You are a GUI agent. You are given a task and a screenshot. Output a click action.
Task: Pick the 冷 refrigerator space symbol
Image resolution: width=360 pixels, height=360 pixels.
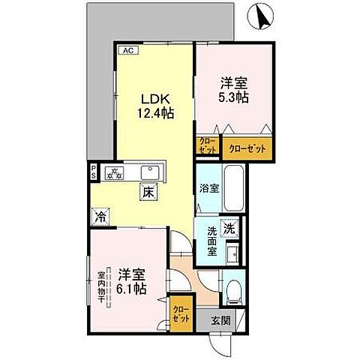click(100, 217)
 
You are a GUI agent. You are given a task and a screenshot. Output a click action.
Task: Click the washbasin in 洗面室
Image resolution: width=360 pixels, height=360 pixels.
click(233, 251)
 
